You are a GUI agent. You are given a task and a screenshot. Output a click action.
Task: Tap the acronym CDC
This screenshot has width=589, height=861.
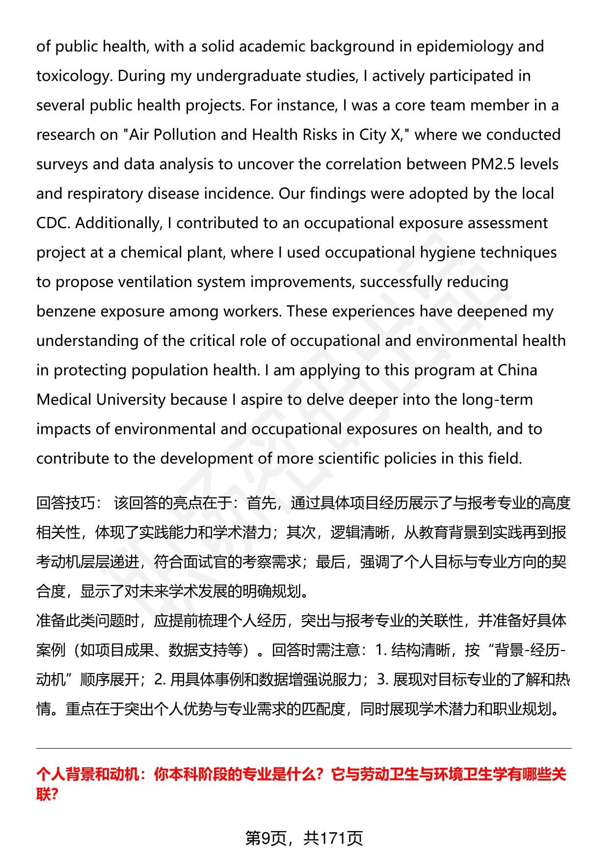click(53, 223)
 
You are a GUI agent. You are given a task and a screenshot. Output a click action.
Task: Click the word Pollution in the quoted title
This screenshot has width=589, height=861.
click(185, 135)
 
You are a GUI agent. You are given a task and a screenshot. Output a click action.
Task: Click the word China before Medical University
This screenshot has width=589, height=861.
click(517, 370)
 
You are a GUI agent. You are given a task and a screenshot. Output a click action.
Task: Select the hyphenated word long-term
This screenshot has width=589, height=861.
click(497, 400)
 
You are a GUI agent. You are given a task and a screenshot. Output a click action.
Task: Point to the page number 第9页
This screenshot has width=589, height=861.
click(266, 838)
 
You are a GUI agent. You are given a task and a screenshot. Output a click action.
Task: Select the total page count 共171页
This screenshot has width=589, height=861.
click(333, 838)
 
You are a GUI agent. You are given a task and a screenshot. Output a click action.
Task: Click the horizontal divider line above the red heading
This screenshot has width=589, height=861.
click(304, 749)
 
